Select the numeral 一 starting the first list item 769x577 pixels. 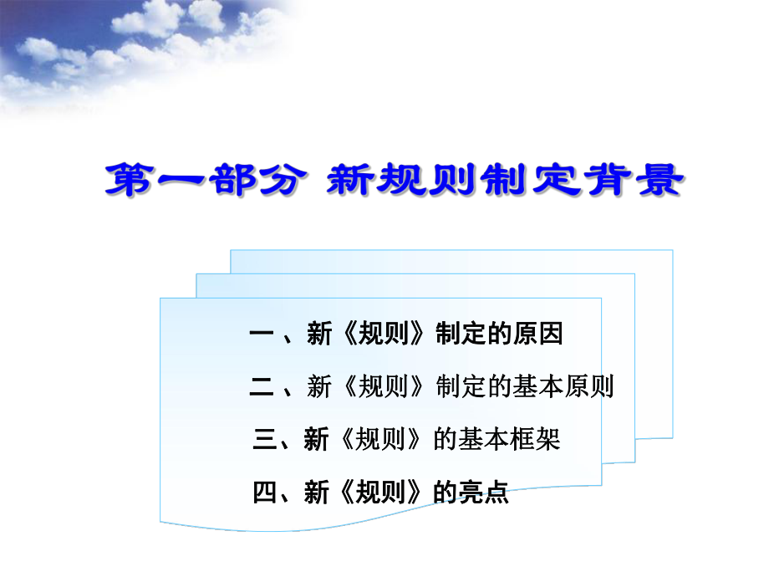pyautogui.click(x=262, y=335)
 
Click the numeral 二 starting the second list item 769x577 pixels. pyautogui.click(x=262, y=387)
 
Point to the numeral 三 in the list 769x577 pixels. pyautogui.click(x=264, y=440)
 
